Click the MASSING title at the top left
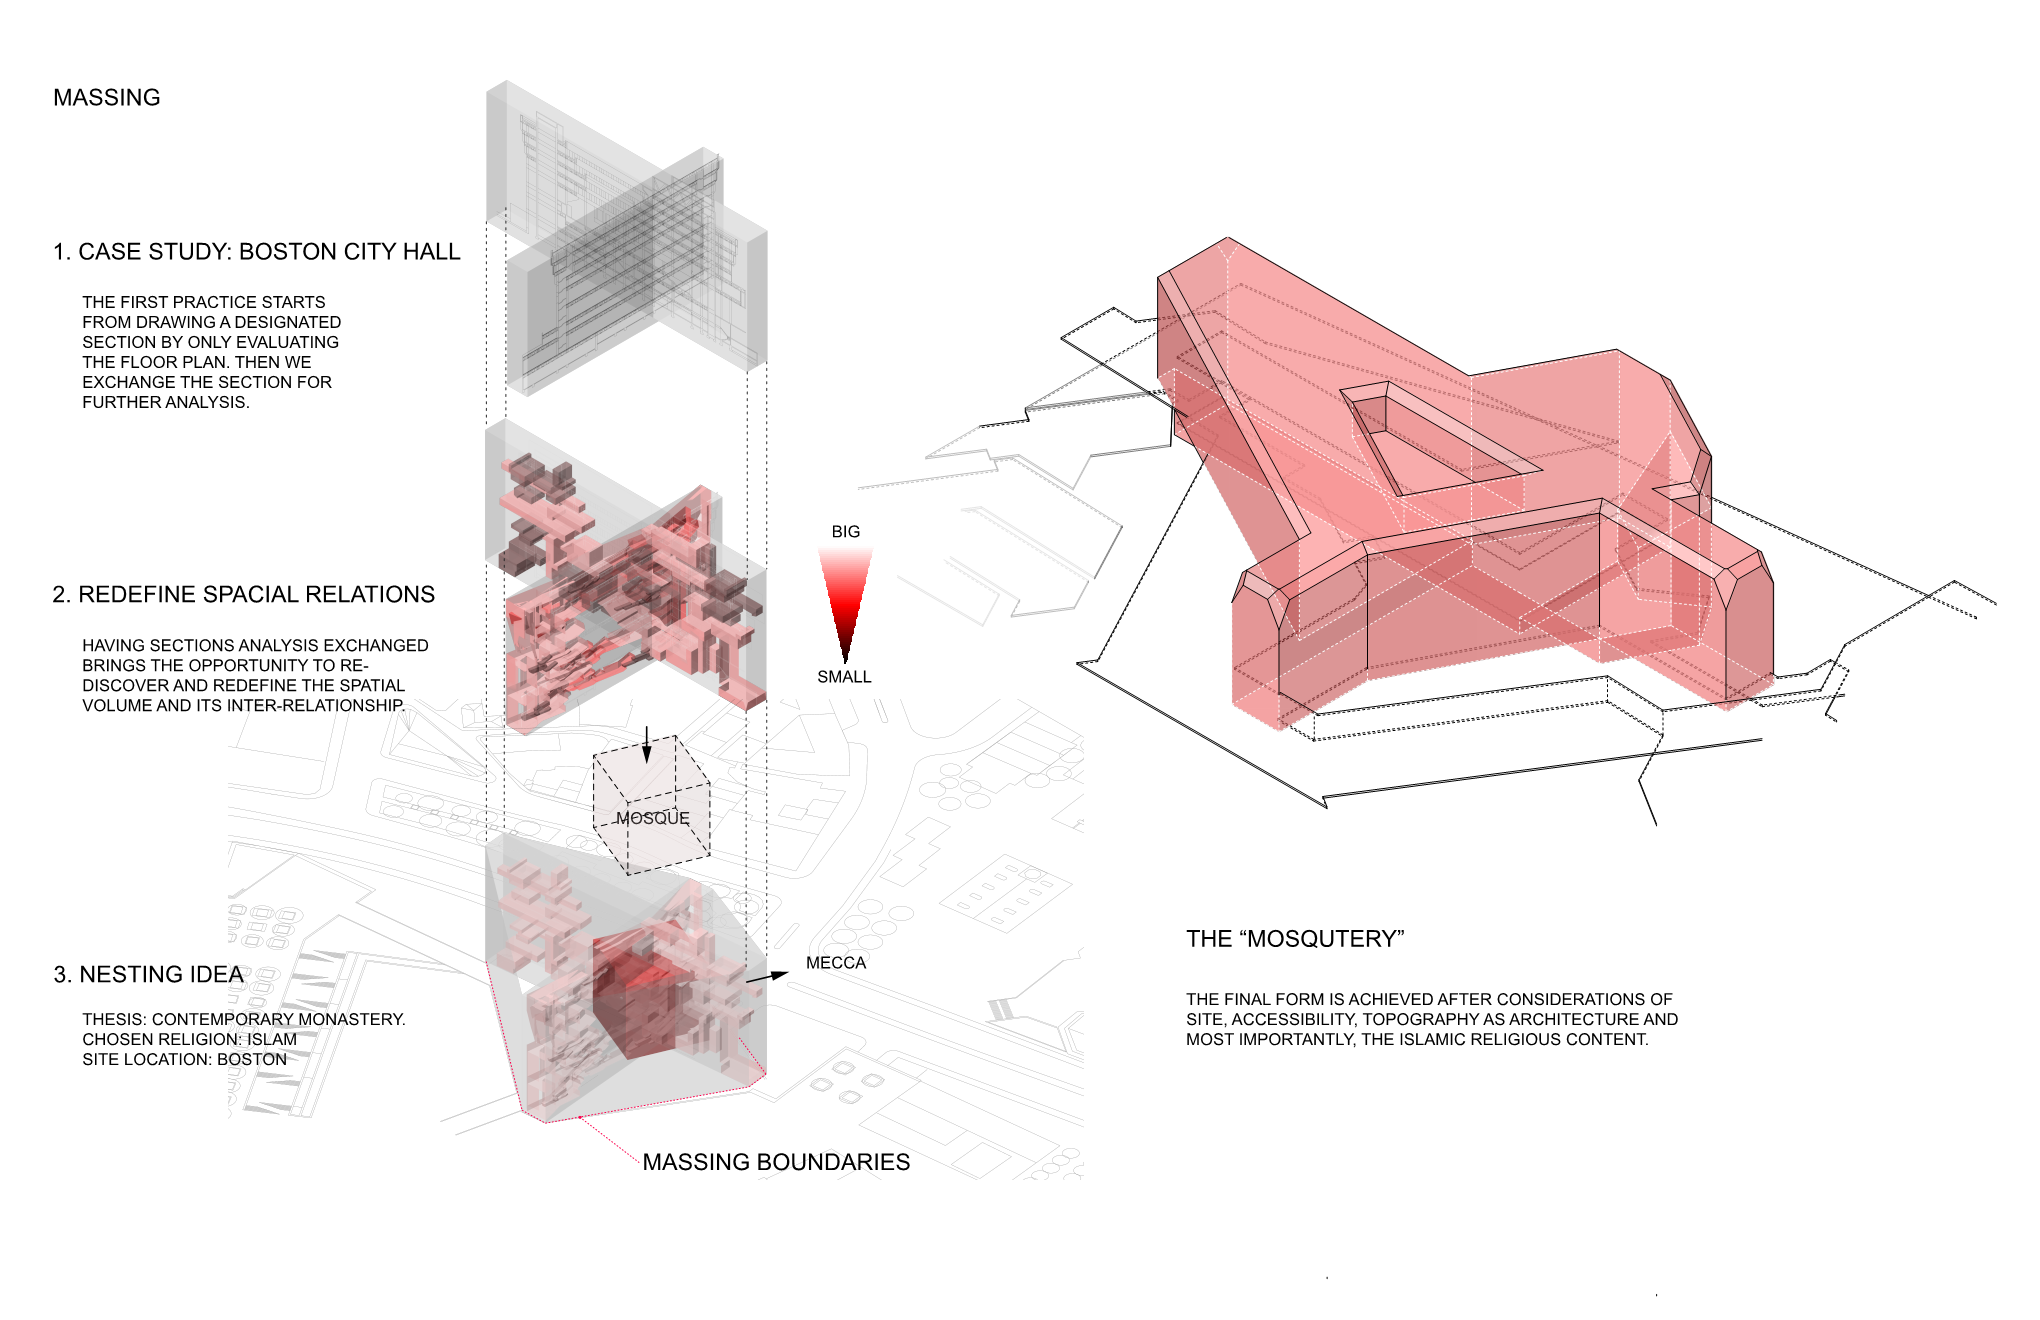[107, 97]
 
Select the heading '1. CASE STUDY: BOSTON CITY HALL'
[257, 251]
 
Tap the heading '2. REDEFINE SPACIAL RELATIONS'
[243, 594]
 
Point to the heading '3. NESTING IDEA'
[148, 974]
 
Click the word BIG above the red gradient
[845, 531]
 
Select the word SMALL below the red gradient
[844, 677]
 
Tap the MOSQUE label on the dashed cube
[652, 818]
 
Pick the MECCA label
[836, 963]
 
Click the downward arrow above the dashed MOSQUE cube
[647, 745]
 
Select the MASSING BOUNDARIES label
[776, 1162]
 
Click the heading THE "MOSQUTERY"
[1295, 939]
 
